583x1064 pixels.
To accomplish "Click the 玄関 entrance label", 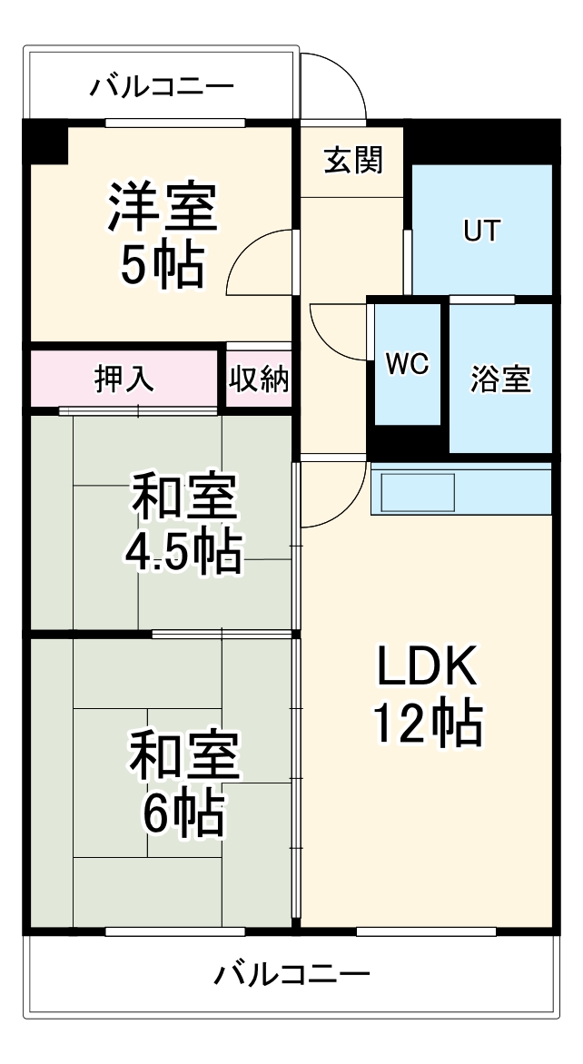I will click(x=354, y=162).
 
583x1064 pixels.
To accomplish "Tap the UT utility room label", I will click(x=481, y=232).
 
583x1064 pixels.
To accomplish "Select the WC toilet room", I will click(x=407, y=363).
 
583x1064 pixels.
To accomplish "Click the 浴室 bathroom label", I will click(x=500, y=379).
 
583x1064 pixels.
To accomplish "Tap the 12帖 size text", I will click(x=426, y=724).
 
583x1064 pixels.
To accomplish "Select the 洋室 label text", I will click(x=163, y=207).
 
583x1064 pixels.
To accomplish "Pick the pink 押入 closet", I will click(x=125, y=379).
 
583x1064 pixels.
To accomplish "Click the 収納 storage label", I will click(x=259, y=379).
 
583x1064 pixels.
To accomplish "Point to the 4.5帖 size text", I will click(x=183, y=550).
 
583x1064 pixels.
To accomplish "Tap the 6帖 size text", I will click(x=183, y=813).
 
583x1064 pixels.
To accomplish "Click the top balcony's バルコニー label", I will click(x=162, y=88).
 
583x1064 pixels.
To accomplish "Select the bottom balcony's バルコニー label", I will click(x=292, y=976).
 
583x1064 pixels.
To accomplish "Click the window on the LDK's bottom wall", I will click(x=425, y=931).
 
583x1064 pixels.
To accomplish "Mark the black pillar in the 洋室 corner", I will click(x=45, y=141).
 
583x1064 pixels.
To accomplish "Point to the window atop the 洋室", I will click(x=174, y=123).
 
